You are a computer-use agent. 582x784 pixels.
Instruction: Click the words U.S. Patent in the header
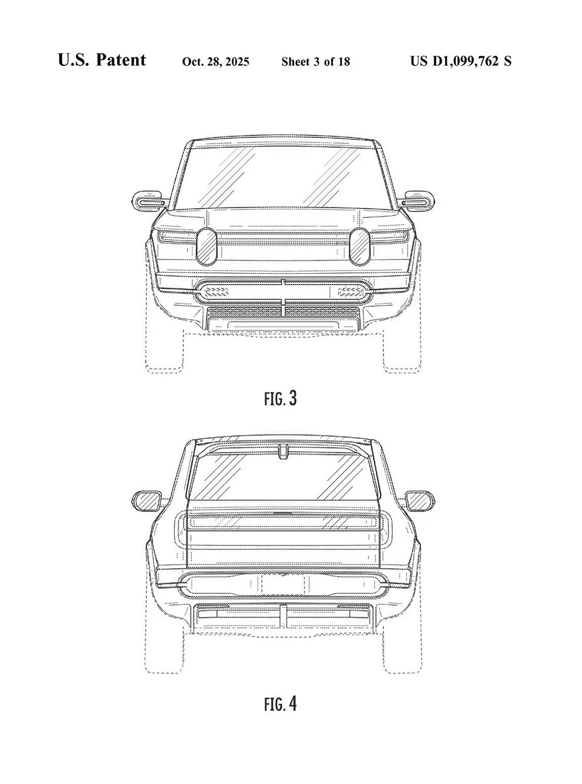(102, 60)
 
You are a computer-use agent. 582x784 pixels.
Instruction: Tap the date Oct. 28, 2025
(216, 62)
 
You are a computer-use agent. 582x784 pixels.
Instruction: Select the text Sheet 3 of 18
(315, 62)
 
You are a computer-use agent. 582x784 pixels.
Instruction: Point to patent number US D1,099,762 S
(461, 61)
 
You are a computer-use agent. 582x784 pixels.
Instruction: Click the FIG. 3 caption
(280, 398)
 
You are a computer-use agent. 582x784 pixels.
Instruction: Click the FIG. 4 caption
(280, 703)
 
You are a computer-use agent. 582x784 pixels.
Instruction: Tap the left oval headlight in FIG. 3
(206, 247)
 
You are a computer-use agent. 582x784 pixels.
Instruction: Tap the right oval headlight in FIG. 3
(360, 246)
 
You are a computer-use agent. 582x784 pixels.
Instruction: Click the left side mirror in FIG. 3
(149, 201)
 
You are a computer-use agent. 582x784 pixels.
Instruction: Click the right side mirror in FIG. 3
(417, 201)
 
